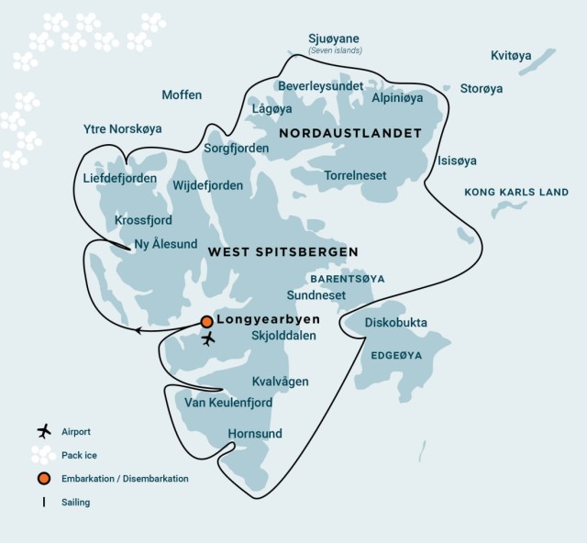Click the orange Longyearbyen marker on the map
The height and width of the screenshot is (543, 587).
(207, 321)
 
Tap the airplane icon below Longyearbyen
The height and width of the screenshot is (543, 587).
(209, 338)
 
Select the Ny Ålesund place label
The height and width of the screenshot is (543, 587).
(167, 244)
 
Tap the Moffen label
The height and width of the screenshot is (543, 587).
(182, 94)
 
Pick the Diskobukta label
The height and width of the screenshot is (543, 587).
(395, 322)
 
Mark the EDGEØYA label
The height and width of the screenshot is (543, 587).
(395, 353)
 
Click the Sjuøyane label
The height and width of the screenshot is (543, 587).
(335, 39)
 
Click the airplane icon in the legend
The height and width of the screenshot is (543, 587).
(42, 431)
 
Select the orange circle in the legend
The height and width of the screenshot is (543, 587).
(42, 479)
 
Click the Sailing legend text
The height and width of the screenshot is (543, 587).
(76, 502)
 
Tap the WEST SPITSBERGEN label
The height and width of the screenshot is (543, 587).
(282, 251)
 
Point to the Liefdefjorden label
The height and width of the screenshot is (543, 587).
(119, 178)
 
